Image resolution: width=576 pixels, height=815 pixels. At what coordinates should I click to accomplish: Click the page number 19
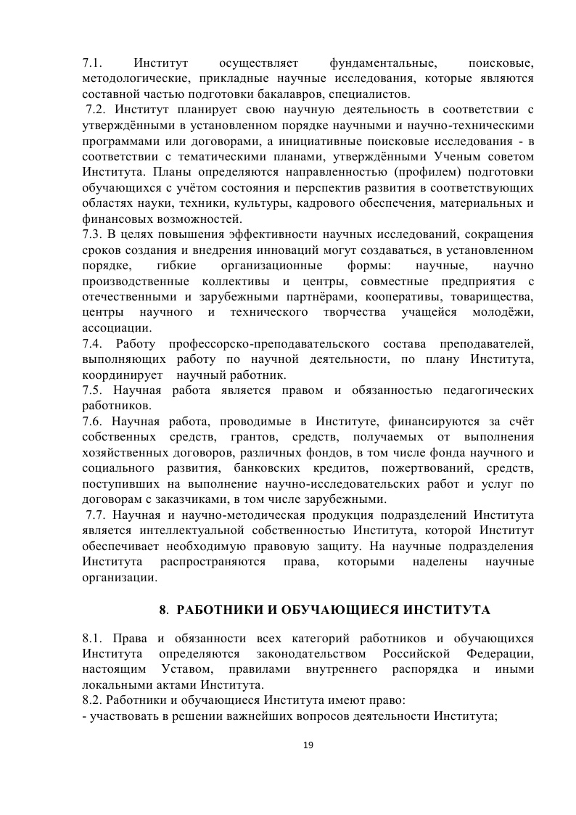click(x=308, y=745)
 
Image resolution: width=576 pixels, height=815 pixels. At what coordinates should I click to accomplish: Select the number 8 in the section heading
click(x=163, y=608)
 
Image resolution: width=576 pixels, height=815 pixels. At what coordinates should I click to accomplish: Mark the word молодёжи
click(x=503, y=312)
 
